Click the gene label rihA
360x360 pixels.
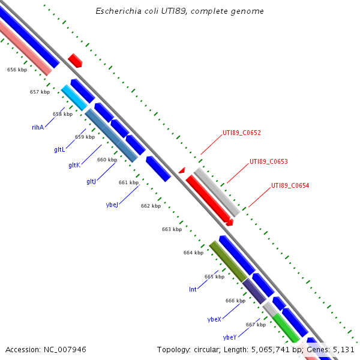point(38,127)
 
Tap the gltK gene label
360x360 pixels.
point(74,165)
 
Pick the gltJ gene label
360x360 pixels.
point(91,181)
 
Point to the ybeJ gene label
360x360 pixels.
point(112,205)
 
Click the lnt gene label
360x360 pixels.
point(193,289)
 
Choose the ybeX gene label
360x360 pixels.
point(214,319)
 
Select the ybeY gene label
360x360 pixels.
point(230,337)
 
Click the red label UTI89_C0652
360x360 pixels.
point(241,133)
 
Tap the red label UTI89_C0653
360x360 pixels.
point(269,161)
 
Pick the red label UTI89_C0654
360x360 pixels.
point(290,185)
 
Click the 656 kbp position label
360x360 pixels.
point(17,70)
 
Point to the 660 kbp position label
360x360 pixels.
point(107,160)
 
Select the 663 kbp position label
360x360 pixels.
point(172,229)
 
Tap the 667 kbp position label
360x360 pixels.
point(256,325)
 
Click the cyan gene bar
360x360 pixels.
point(74,97)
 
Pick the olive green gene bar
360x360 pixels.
point(227,261)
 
